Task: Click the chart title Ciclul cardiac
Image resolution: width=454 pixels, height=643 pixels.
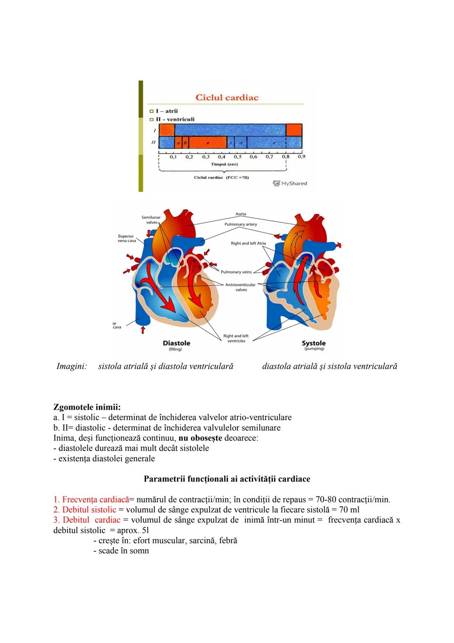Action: pos(227,97)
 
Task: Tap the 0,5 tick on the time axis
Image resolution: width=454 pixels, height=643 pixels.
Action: pos(238,157)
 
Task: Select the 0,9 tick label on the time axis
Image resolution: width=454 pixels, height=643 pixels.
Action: pos(301,157)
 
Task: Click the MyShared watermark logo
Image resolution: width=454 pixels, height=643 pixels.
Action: pos(290,184)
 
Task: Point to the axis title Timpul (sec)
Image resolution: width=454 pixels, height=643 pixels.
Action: pos(224,164)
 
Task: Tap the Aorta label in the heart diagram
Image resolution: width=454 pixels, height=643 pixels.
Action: pos(241,214)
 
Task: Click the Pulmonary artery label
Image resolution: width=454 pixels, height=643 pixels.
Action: pos(240,224)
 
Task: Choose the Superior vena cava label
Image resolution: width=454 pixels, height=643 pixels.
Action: pos(126,239)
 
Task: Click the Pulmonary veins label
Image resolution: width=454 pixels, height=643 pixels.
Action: pos(236,272)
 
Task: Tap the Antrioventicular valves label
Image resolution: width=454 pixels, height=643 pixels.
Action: pos(240,287)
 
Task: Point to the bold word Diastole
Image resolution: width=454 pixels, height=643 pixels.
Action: pos(176,343)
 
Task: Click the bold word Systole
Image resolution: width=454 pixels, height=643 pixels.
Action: pos(314,343)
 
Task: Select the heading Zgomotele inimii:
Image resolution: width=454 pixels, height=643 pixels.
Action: pos(87,407)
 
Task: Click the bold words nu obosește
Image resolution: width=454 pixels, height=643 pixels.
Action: pos(200,438)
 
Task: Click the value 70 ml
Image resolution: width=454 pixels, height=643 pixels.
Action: pos(349,510)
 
